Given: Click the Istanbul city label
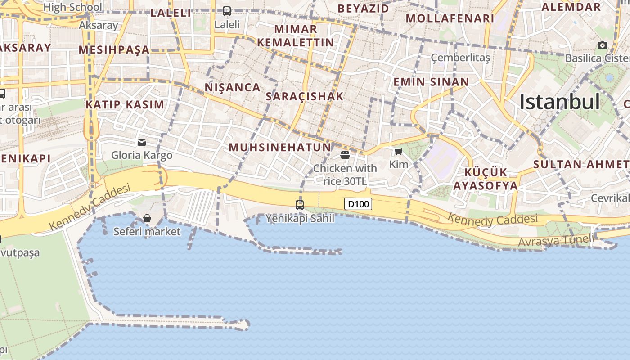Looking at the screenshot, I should pos(559,102).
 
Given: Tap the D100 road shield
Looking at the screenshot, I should pos(358,204).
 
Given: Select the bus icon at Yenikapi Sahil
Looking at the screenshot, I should pos(300,205).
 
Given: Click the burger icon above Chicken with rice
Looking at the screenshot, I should pos(345,155).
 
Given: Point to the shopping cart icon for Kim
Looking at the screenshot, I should pos(398,152).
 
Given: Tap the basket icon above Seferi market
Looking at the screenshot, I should pos(147,219).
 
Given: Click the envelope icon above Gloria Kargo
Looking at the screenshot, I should pos(142,142).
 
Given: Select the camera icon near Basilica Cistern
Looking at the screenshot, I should pos(603,45).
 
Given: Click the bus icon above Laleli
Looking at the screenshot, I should pos(227,11).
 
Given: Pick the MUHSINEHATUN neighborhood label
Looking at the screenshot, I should pos(280,147).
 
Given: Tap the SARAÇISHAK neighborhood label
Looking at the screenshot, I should pos(305,96).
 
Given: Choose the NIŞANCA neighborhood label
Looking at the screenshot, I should pos(233,87).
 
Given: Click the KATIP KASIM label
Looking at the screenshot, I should pos(125,105).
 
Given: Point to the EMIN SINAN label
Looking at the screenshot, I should pos(431,82).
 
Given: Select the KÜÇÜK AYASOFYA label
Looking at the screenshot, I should pos(486,179).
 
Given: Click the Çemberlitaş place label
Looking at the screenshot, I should pos(460,58).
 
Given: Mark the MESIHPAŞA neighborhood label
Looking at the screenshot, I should pos(114,49).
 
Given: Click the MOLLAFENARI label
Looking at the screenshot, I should pos(450,18).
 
